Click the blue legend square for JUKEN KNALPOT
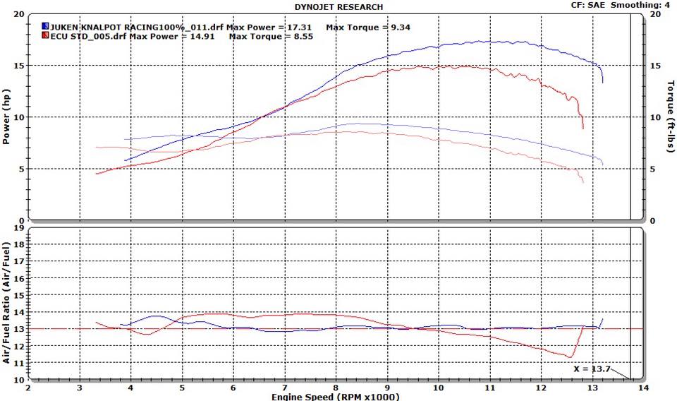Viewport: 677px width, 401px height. (x=44, y=27)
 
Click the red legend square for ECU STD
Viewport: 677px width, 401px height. (x=44, y=36)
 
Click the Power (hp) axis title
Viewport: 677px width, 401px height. (x=6, y=116)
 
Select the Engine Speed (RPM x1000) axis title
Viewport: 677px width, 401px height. (x=335, y=396)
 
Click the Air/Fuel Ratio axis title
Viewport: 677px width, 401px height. (x=6, y=304)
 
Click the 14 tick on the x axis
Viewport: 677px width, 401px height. (x=642, y=388)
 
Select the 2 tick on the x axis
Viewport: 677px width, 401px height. (x=28, y=388)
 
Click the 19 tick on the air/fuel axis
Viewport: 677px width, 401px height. (x=20, y=229)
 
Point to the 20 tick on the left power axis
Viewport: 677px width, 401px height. (x=19, y=14)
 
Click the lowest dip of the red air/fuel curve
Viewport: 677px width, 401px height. (x=568, y=357)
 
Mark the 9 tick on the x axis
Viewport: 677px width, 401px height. (x=386, y=388)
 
